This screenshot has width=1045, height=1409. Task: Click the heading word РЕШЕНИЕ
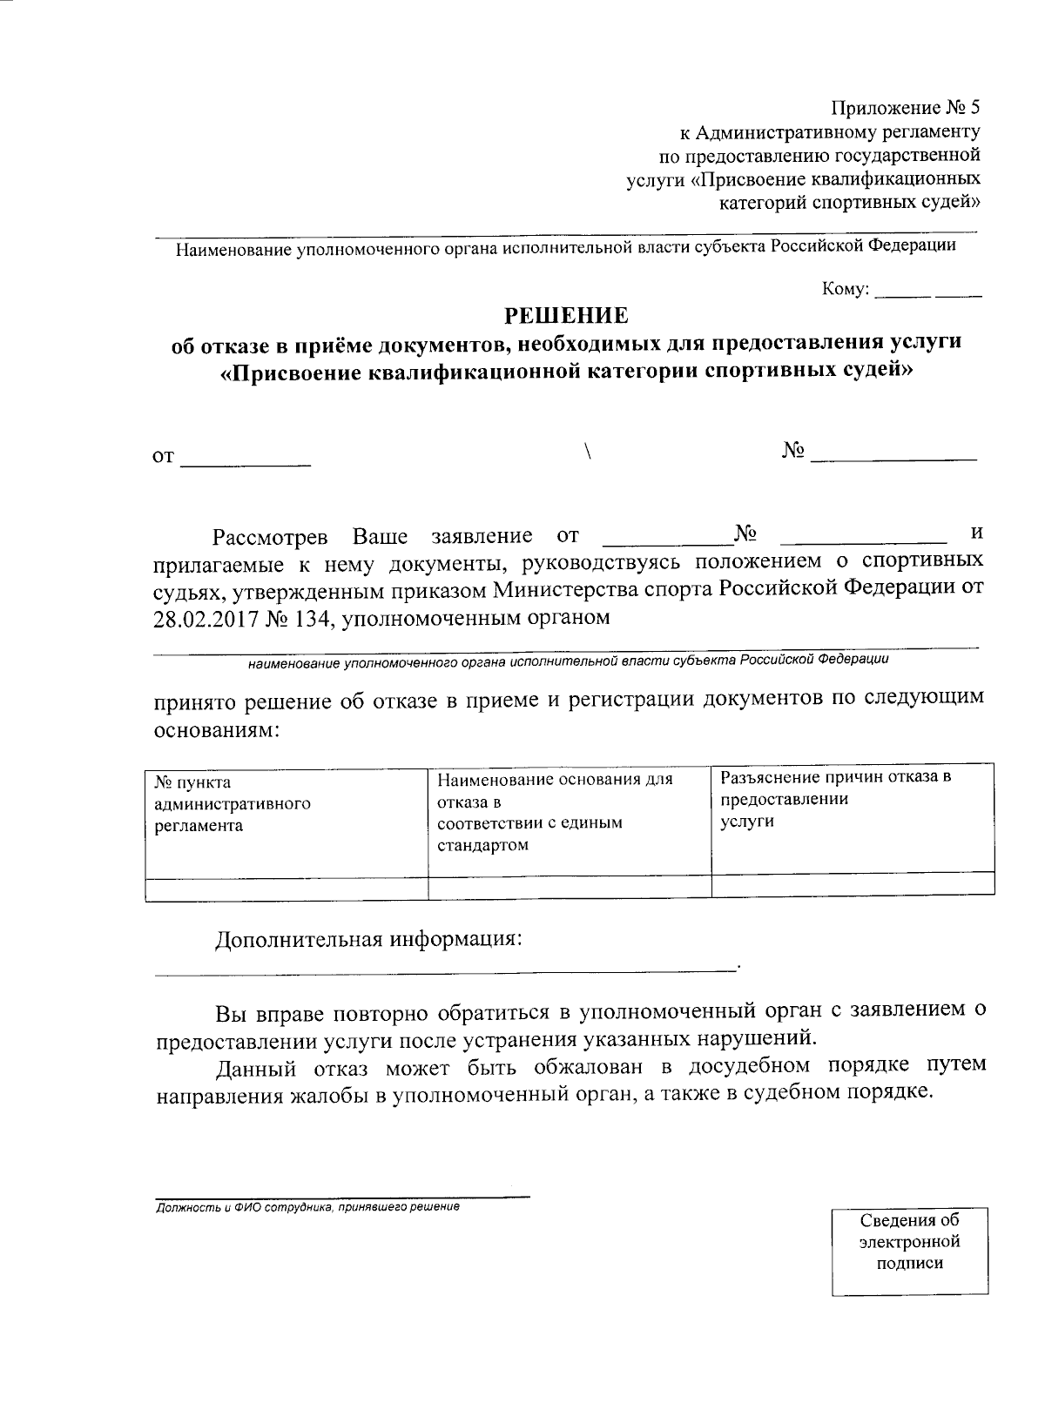[x=567, y=314]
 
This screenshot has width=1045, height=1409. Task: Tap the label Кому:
[x=845, y=290]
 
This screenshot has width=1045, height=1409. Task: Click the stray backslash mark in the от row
[x=589, y=451]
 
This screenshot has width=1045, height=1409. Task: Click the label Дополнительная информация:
[x=369, y=940]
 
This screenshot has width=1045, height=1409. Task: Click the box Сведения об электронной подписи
[x=909, y=1242]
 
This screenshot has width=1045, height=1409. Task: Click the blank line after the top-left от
[x=245, y=463]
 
